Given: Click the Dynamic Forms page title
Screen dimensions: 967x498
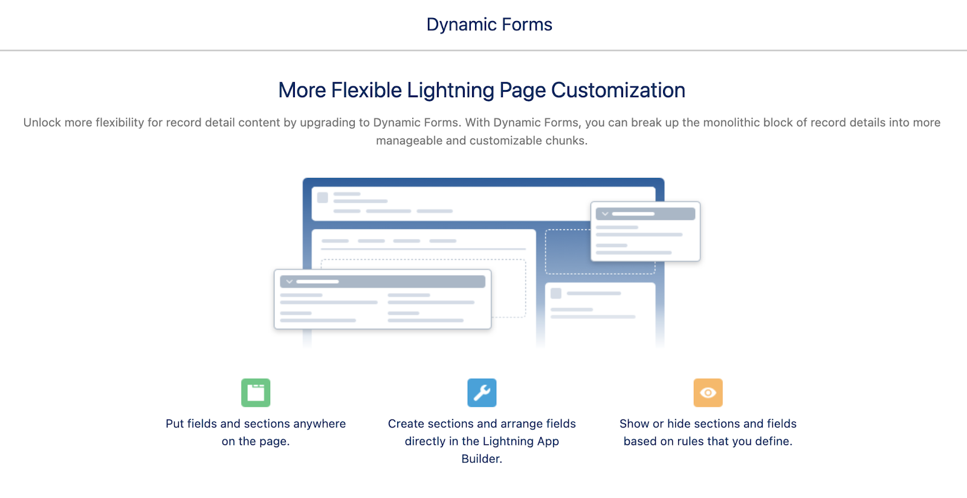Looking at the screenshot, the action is (x=489, y=25).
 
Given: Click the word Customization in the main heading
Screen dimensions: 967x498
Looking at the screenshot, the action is (x=618, y=91).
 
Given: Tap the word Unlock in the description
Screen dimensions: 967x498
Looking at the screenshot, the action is (x=42, y=123).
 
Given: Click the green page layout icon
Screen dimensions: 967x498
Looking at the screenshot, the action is (x=256, y=393).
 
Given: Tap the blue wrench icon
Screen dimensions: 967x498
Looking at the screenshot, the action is (x=482, y=393).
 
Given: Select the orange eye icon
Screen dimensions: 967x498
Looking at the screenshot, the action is (x=708, y=393).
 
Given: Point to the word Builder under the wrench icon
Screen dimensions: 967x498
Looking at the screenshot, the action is (x=481, y=459).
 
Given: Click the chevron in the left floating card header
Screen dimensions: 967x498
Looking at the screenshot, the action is (x=289, y=282).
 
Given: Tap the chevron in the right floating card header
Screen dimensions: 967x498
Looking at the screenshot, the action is (x=605, y=214).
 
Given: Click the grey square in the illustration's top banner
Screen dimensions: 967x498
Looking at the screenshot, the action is (x=323, y=198).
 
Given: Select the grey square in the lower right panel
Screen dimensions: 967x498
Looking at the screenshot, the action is (x=556, y=293).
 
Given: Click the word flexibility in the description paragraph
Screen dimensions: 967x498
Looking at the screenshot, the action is (x=121, y=123).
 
